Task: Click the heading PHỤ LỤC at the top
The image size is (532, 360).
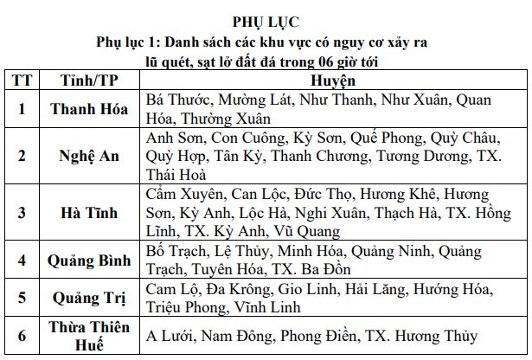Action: [x=266, y=20]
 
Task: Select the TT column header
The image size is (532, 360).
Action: [x=22, y=80]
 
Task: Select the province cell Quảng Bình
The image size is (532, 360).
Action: [x=84, y=260]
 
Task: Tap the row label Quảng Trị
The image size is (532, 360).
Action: [x=84, y=298]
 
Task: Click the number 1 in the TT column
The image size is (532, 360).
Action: [x=22, y=109]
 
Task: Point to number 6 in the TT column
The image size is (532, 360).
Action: [x=22, y=336]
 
